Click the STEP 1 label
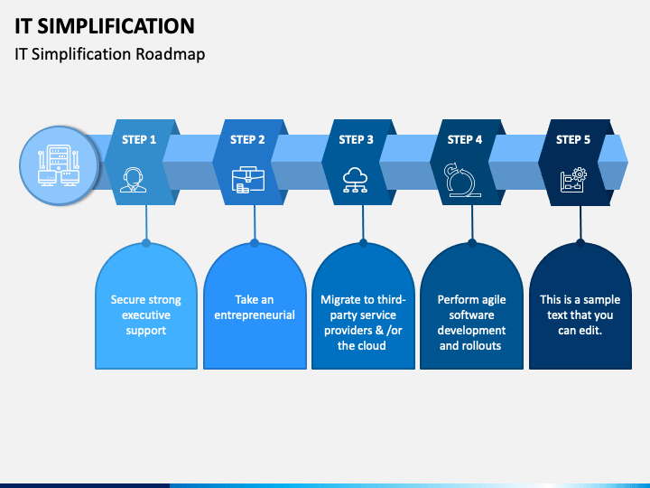(139, 140)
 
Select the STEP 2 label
(247, 140)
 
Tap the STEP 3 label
(356, 140)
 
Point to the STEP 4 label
(465, 140)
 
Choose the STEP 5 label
(573, 140)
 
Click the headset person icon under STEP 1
(133, 180)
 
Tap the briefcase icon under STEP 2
(248, 180)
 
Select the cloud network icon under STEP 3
(356, 180)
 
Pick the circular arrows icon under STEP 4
(461, 179)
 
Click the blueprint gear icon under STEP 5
(573, 179)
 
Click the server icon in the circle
(59, 165)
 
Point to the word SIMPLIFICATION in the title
(116, 26)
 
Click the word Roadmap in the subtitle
(171, 54)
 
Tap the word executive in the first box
(146, 315)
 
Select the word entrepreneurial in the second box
(255, 315)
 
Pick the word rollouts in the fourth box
(482, 345)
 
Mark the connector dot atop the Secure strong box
(146, 243)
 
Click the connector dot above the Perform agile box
(472, 243)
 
